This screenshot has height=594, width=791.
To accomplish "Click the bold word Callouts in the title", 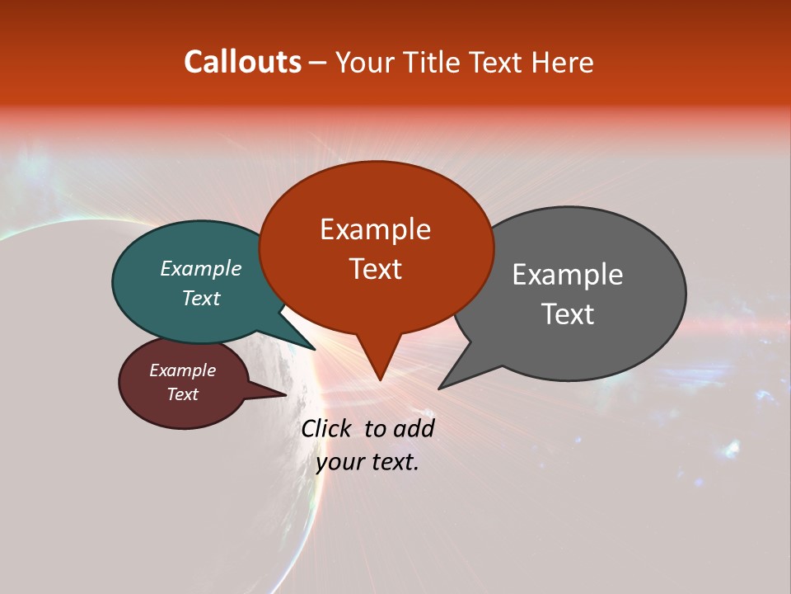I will [x=242, y=62].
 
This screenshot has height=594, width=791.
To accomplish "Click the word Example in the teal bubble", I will [x=201, y=269].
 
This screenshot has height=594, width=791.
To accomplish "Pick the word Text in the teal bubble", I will [x=201, y=298].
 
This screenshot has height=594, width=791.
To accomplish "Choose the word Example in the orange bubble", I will [x=375, y=229].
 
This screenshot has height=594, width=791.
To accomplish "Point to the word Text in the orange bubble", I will [x=375, y=269].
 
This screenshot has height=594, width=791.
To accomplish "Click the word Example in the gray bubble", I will [x=568, y=275].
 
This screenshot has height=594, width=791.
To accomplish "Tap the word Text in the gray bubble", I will [x=568, y=313].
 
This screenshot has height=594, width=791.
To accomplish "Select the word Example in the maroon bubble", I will [x=182, y=370].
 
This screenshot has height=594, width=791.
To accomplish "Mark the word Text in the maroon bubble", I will [x=182, y=394].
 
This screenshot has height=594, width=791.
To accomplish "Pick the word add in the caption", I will [x=413, y=428].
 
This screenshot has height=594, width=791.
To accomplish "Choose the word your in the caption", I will [x=339, y=462].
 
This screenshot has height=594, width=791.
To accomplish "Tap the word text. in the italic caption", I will [x=393, y=462].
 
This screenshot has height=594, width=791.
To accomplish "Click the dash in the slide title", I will [x=318, y=63].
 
